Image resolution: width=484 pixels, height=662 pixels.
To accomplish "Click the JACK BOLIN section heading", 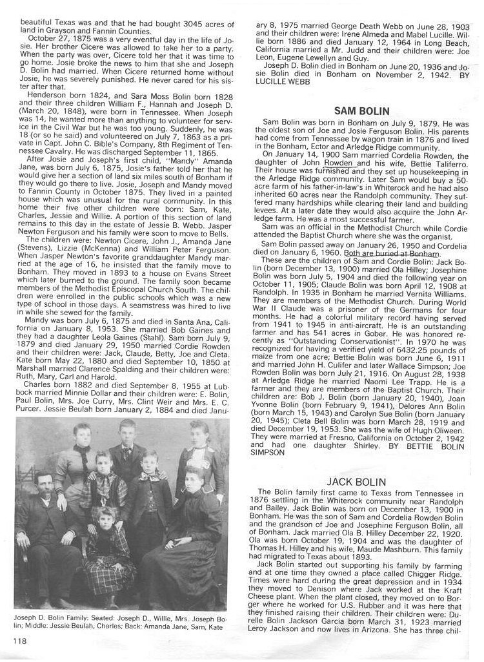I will [356, 482].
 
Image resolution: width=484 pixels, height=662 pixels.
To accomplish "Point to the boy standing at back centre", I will [126, 452].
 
